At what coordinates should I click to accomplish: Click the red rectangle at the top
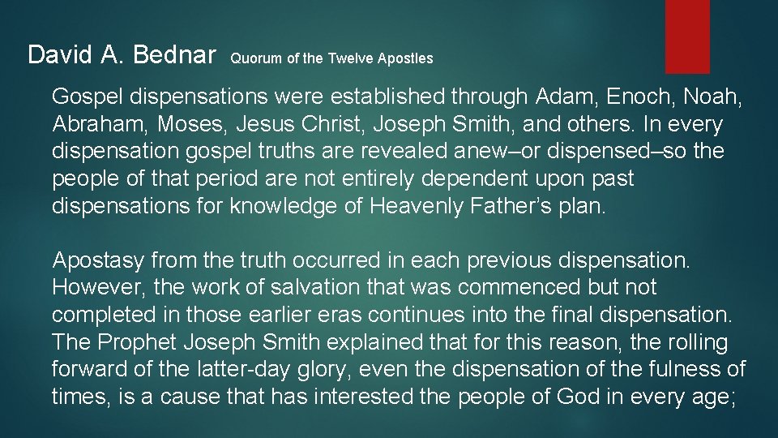[687, 36]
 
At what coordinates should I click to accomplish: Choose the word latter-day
[237, 370]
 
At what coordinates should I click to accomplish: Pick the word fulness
[693, 370]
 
